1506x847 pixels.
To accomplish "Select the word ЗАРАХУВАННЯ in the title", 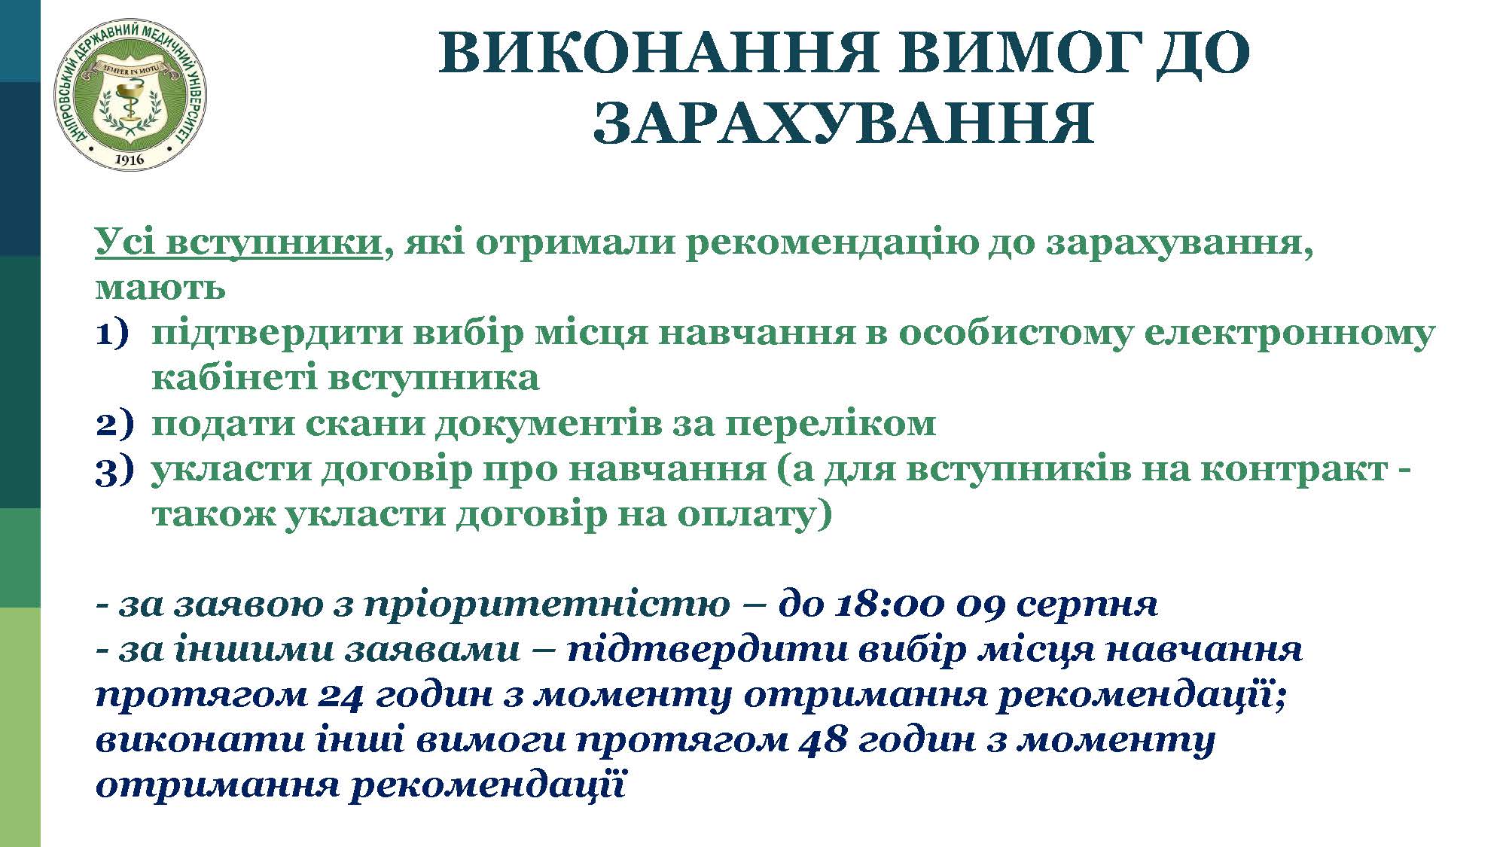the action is (x=843, y=123).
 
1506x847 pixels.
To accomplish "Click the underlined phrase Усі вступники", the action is (x=239, y=242).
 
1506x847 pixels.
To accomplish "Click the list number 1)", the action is (x=113, y=334).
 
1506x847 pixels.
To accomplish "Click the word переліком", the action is (x=831, y=423).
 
